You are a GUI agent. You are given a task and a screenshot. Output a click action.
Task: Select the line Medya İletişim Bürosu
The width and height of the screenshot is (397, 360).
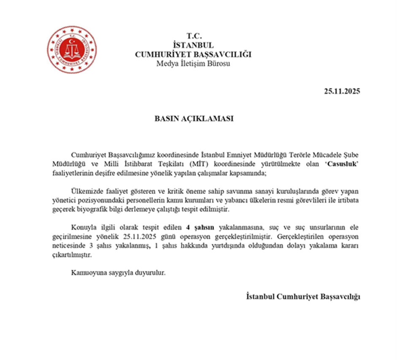click(x=194, y=64)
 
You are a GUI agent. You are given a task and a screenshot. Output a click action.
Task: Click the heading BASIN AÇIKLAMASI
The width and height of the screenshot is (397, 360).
click(x=194, y=119)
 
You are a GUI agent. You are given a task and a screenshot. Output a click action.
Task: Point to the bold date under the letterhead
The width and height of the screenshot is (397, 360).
click(x=342, y=91)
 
